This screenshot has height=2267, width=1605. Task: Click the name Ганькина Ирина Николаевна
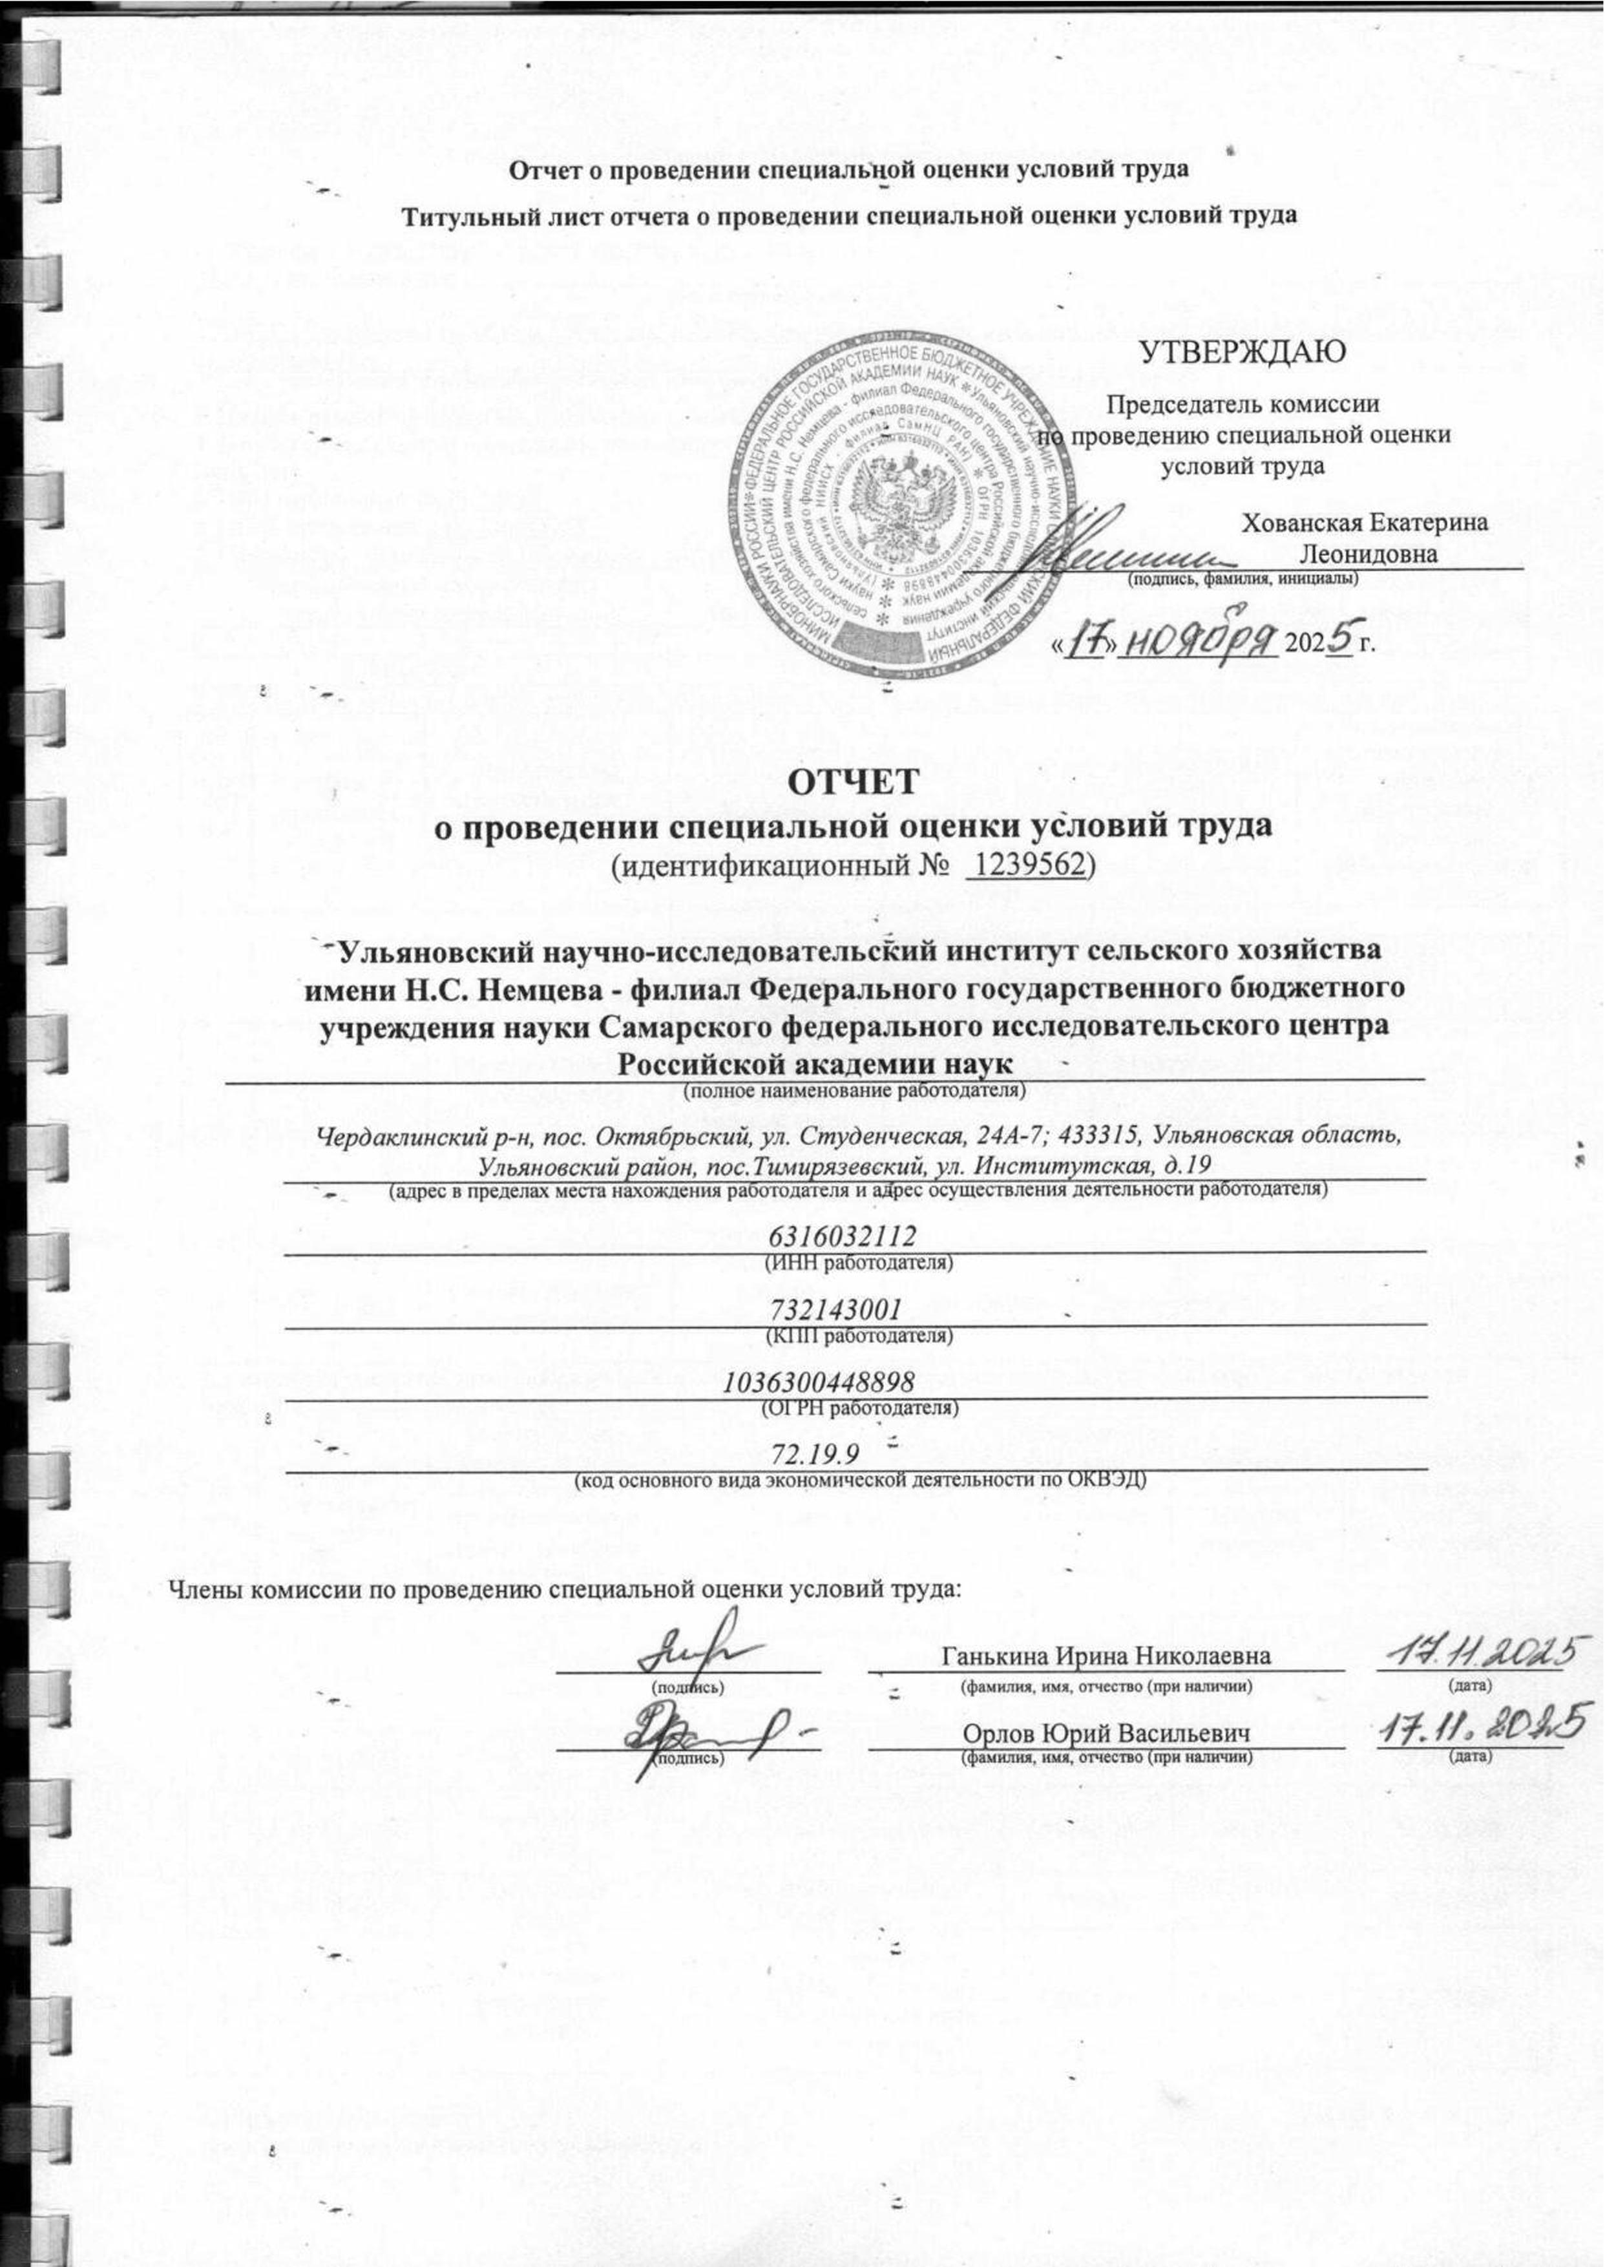pos(1107,1655)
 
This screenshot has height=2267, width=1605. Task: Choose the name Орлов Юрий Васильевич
pos(1107,1735)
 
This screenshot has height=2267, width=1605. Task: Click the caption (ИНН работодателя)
pos(859,1263)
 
